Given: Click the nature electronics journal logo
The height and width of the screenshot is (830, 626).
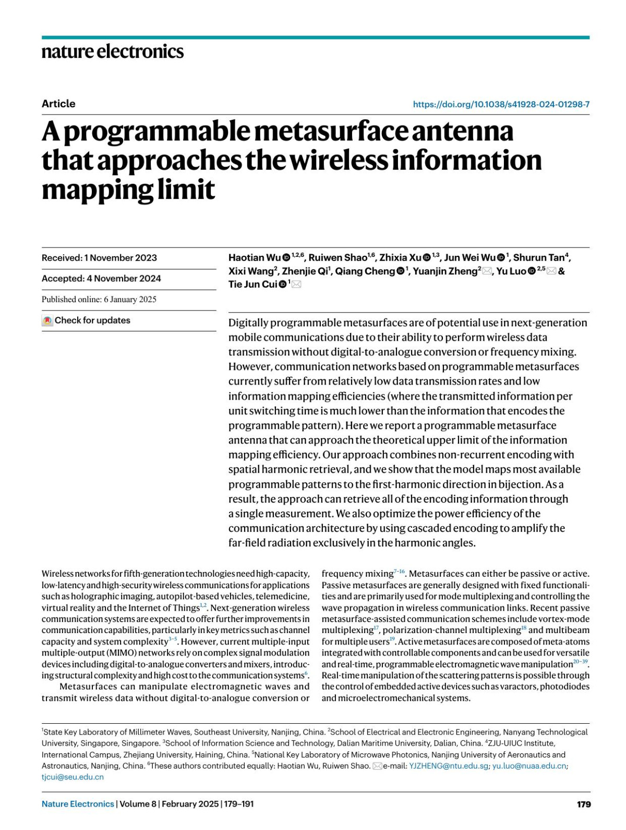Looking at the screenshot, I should (113, 52).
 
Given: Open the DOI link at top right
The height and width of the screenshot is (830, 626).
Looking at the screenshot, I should (501, 104).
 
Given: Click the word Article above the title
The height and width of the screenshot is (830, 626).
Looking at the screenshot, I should (58, 104).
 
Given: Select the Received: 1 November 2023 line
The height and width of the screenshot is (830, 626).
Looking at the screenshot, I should (99, 258).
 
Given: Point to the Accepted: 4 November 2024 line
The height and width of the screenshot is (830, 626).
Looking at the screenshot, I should (101, 278).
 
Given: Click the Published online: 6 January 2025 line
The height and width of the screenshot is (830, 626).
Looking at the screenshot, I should (99, 299).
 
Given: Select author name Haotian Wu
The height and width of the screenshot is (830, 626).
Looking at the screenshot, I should (255, 257).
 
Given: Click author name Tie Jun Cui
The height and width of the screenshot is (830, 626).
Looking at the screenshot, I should (252, 284).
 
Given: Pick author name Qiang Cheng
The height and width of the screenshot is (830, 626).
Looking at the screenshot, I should (365, 271).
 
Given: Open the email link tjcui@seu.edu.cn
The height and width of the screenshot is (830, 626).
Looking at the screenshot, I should (73, 777).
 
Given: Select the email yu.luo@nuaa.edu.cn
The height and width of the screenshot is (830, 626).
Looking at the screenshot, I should (529, 766).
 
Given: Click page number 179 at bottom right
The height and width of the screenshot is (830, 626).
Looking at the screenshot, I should (584, 804).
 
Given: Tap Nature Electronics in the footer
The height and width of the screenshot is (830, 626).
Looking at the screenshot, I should (78, 804).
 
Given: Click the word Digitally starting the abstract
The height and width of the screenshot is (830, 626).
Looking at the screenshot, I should (248, 323).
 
